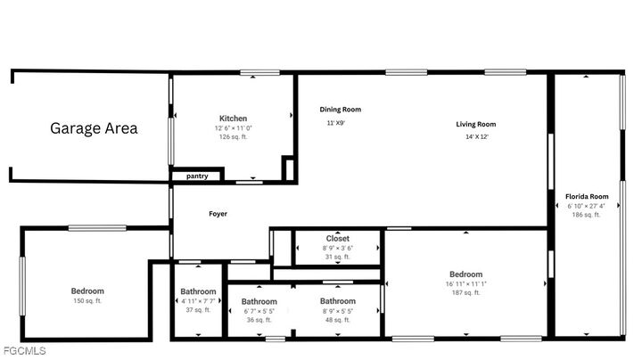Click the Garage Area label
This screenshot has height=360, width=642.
click(x=94, y=128)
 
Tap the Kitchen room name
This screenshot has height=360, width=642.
click(x=234, y=119)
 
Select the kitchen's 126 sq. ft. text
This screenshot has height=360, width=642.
click(x=234, y=137)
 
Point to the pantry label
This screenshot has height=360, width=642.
click(x=197, y=176)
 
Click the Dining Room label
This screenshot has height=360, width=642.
click(x=341, y=110)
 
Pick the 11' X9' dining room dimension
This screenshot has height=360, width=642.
click(x=335, y=123)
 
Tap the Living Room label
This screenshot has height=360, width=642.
click(x=476, y=125)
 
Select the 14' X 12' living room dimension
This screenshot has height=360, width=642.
click(x=476, y=137)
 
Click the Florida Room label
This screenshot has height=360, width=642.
click(x=587, y=196)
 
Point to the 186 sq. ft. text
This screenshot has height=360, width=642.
click(x=586, y=215)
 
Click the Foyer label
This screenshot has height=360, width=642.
click(x=218, y=214)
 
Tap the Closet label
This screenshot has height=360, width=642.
click(x=338, y=239)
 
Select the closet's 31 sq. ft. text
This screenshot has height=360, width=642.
click(x=338, y=257)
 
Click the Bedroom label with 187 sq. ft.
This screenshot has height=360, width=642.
click(x=465, y=274)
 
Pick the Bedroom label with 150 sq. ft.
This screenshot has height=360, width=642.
click(x=87, y=291)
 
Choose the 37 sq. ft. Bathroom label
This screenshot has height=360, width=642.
click(x=198, y=292)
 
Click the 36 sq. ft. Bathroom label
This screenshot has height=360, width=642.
click(x=259, y=302)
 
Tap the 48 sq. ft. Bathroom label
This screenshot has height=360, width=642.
click(x=338, y=302)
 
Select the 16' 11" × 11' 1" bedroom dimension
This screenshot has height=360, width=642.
click(x=465, y=283)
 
